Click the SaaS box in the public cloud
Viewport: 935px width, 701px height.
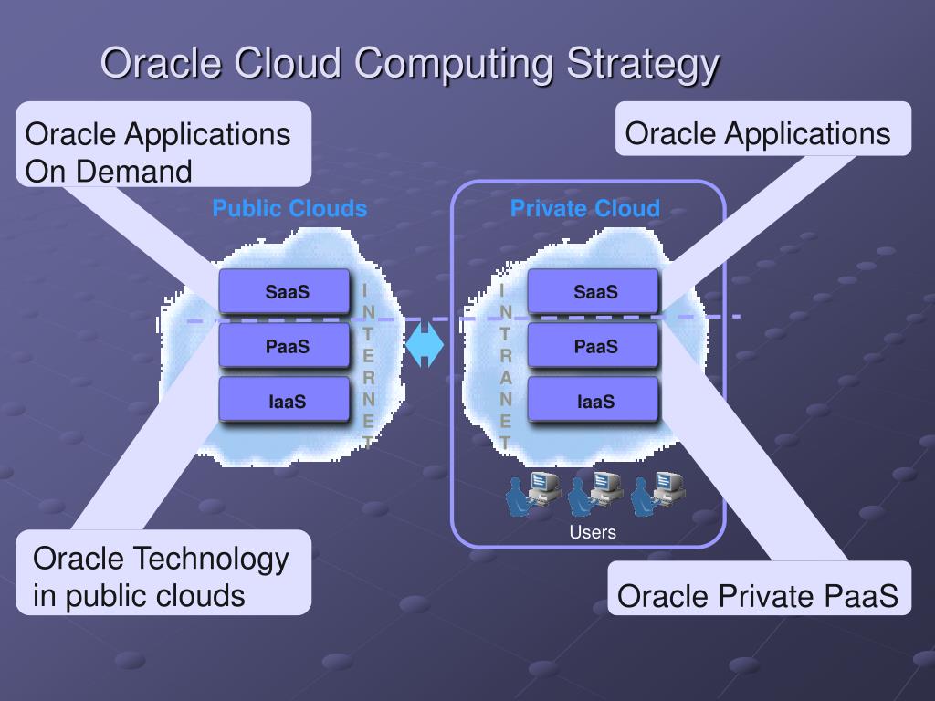pos(284,292)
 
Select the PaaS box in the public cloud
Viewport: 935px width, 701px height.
pos(284,346)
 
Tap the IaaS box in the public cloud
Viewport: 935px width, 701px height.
pos(284,401)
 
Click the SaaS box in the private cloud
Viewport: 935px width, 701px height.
pos(593,292)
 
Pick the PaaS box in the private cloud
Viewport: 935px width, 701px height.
pos(593,346)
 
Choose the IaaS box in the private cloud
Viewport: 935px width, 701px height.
pos(593,401)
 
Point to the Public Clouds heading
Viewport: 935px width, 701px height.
pos(289,209)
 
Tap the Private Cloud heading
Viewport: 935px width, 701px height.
pos(584,209)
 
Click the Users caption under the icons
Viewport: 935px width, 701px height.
pos(593,532)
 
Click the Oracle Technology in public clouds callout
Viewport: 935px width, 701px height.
pos(163,576)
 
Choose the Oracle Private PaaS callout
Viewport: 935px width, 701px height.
pos(759,596)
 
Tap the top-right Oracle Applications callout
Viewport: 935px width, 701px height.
pos(762,133)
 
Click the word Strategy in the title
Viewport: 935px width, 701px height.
pos(642,65)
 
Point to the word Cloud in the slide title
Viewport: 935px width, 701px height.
pos(289,65)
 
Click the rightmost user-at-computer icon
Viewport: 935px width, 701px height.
pos(658,493)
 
